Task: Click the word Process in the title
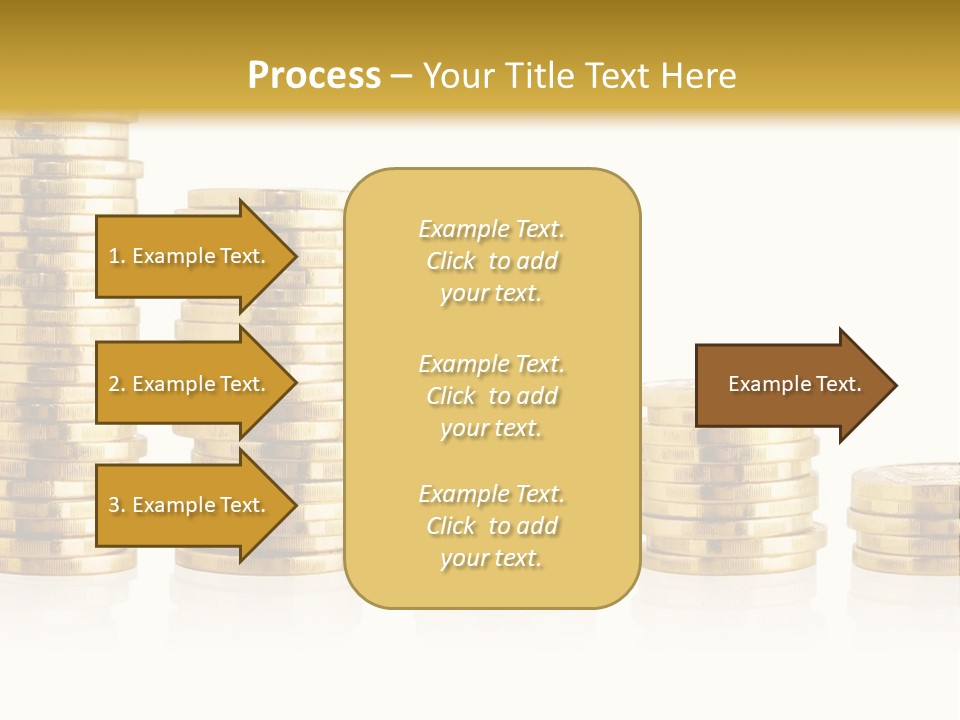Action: click(x=314, y=76)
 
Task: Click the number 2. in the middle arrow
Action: click(x=117, y=384)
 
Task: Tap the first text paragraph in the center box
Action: click(x=491, y=261)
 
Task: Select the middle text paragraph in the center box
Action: click(x=491, y=396)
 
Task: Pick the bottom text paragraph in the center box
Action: click(x=491, y=526)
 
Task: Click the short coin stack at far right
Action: click(x=906, y=520)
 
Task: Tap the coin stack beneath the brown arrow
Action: click(x=730, y=500)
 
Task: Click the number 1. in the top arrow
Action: click(x=117, y=256)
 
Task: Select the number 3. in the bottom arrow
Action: click(x=117, y=505)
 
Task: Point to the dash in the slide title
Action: click(x=401, y=77)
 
